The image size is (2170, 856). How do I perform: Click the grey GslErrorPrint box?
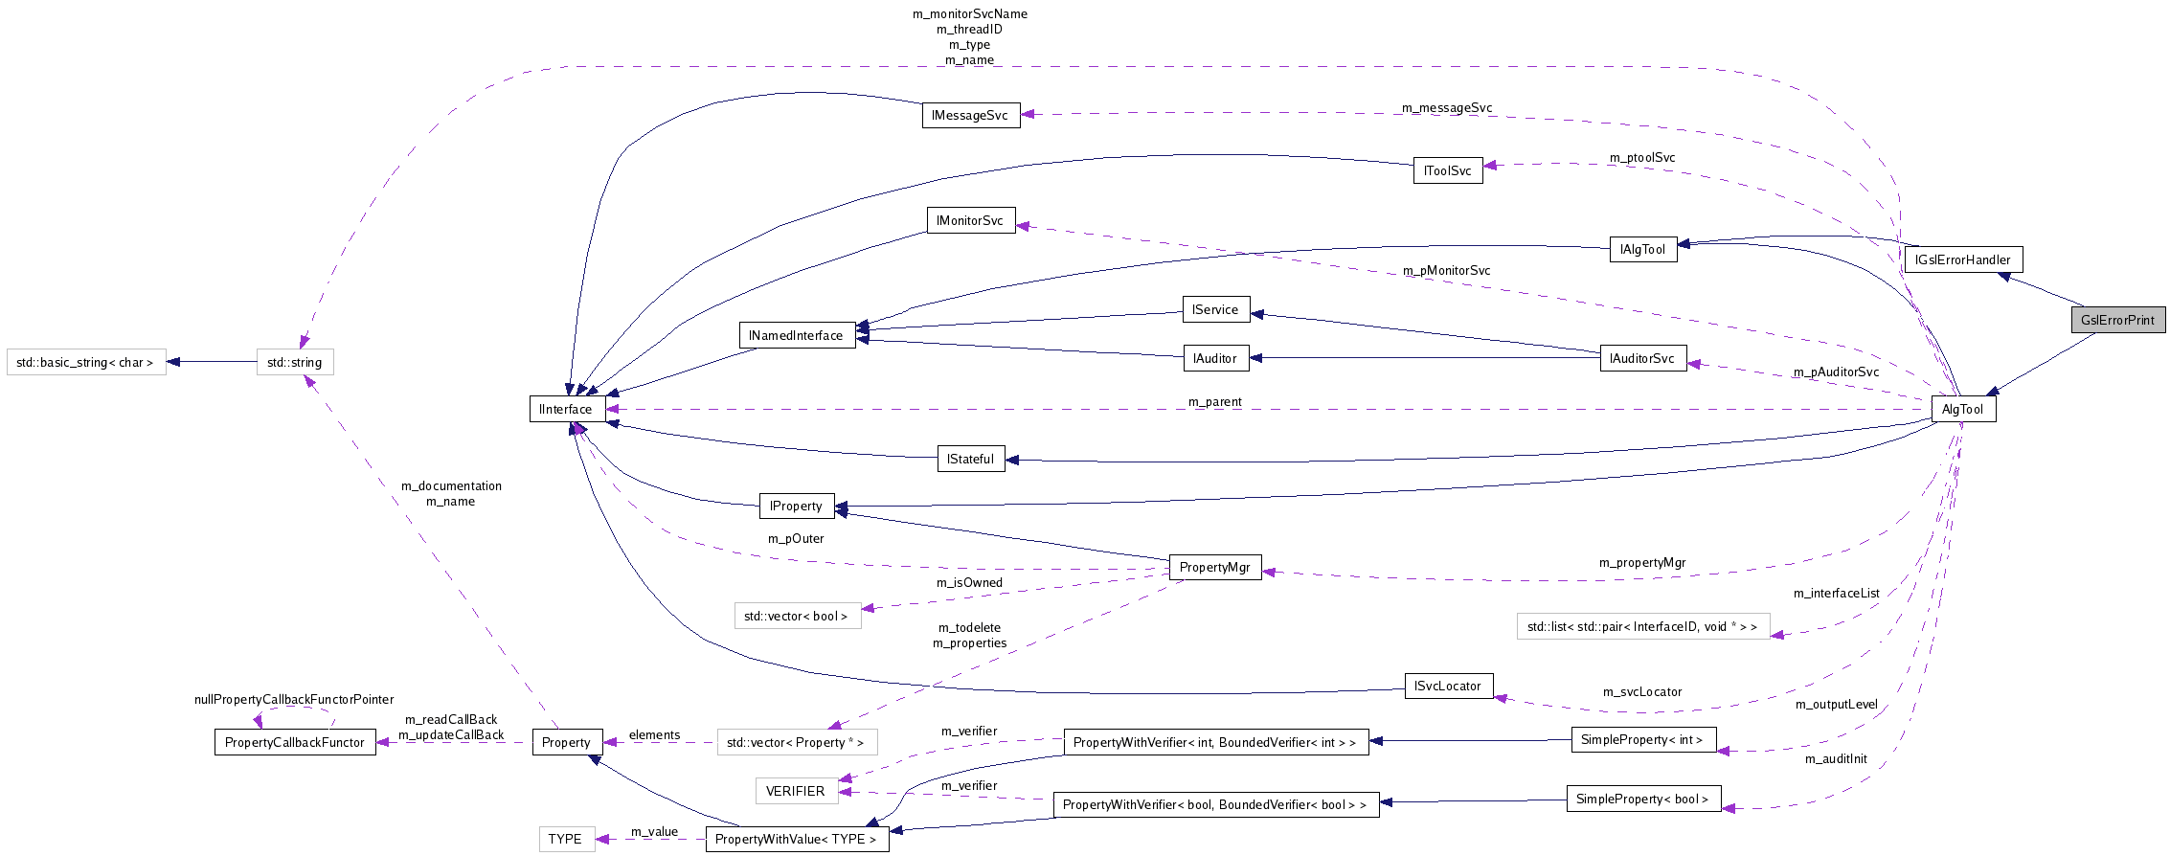pos(2116,320)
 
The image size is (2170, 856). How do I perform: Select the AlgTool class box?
pos(1962,409)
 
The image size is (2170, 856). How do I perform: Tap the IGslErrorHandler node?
pos(1963,259)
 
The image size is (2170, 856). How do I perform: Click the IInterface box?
pos(566,409)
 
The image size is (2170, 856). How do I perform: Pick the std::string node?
pos(295,362)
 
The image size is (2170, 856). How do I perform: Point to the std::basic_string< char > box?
pos(85,362)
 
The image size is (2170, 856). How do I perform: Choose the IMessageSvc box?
pos(970,115)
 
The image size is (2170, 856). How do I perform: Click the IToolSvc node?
pos(1447,170)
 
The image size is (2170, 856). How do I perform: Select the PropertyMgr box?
pos(1214,567)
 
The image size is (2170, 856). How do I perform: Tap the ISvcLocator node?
pos(1448,686)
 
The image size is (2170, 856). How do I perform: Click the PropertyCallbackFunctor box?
pos(294,742)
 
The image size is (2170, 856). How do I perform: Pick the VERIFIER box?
pos(795,791)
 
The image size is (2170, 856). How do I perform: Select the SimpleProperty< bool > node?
pos(1642,799)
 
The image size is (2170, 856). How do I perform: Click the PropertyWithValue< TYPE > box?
pos(796,839)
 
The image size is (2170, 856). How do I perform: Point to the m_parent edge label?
pos(1214,402)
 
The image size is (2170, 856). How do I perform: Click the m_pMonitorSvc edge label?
pos(1446,271)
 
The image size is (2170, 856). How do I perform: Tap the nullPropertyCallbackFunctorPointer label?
pos(294,700)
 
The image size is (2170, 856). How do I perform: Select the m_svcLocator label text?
pos(1642,691)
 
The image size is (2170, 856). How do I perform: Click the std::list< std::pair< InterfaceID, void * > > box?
pos(1642,627)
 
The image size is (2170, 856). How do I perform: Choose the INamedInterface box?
pos(796,335)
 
